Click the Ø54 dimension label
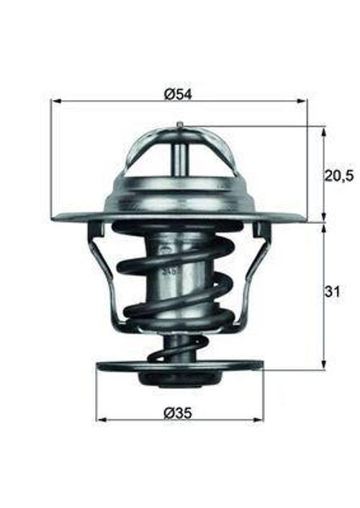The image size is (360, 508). pyautogui.click(x=179, y=94)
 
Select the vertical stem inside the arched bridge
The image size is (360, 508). pyautogui.click(x=179, y=154)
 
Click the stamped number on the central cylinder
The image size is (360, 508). pyautogui.click(x=171, y=271)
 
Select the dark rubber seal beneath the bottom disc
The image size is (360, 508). pyautogui.click(x=179, y=379)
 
